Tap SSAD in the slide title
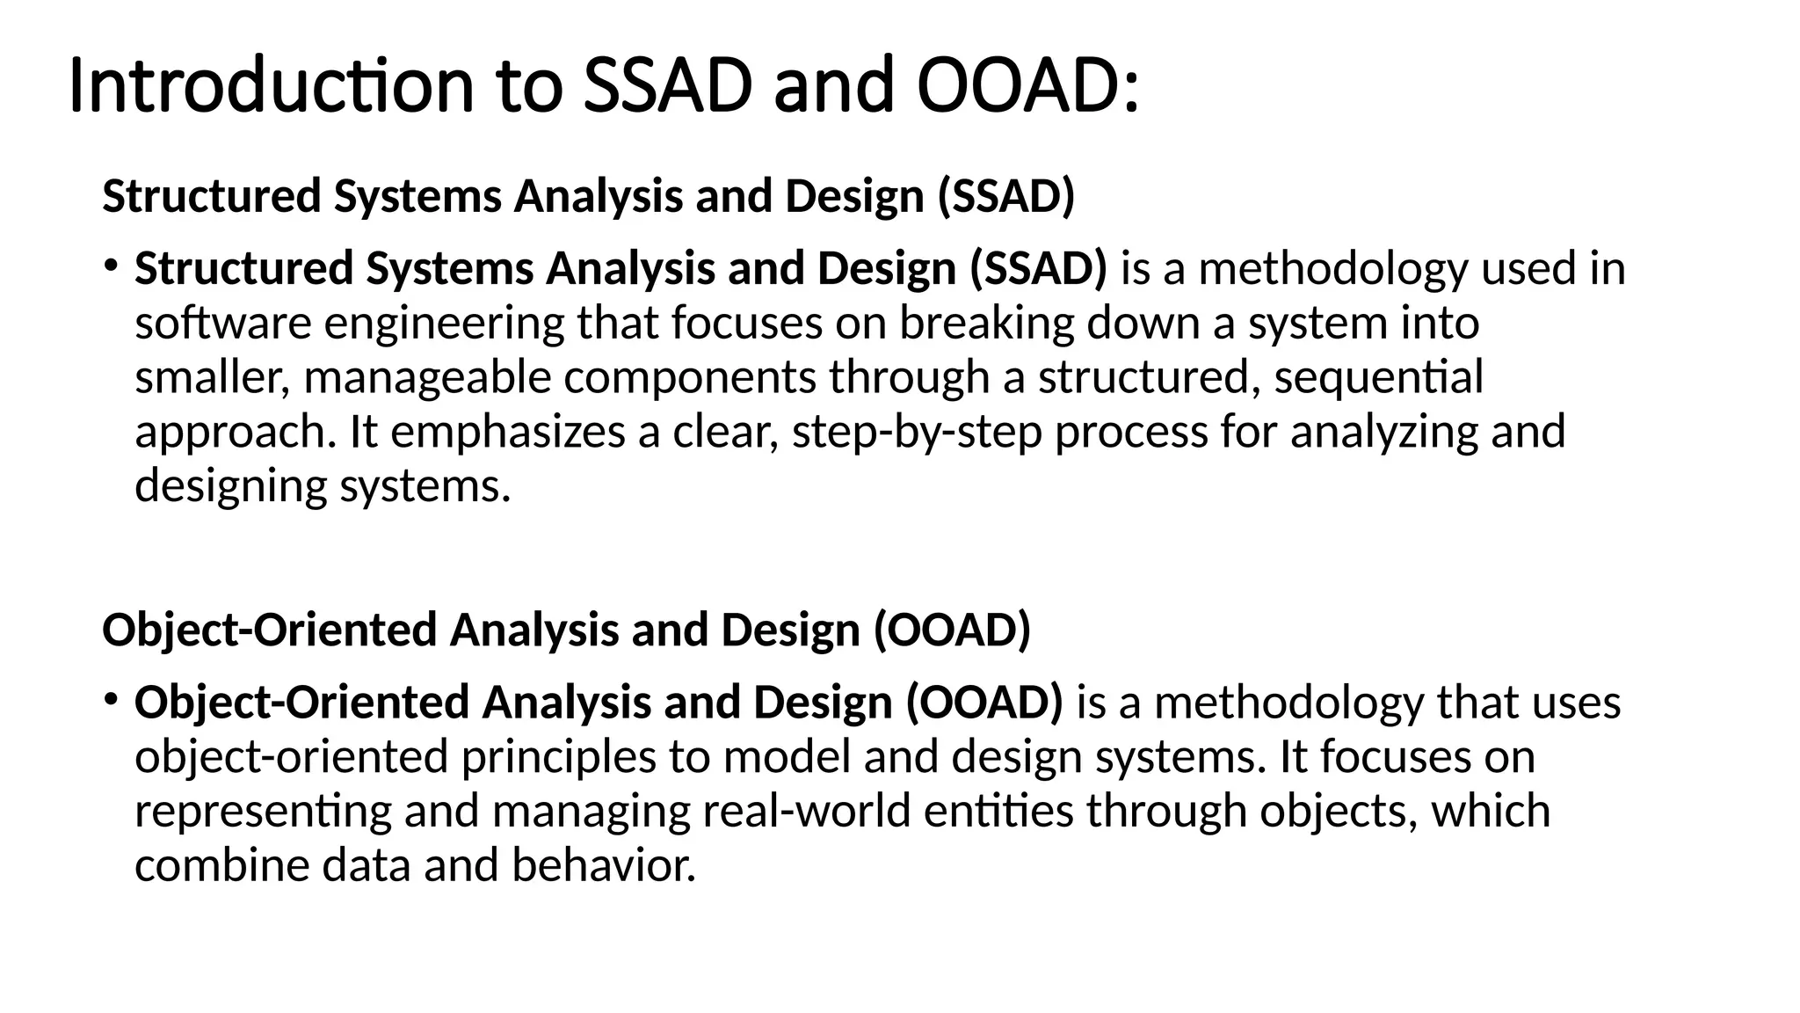tap(668, 86)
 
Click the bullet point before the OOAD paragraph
tap(110, 699)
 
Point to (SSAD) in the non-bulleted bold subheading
tap(1006, 196)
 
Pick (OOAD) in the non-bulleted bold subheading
tap(952, 630)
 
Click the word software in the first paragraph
tap(223, 324)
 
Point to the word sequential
tap(1378, 378)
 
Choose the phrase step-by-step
tap(917, 433)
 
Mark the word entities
tap(998, 811)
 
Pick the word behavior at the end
tap(603, 865)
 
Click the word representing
tap(263, 811)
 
